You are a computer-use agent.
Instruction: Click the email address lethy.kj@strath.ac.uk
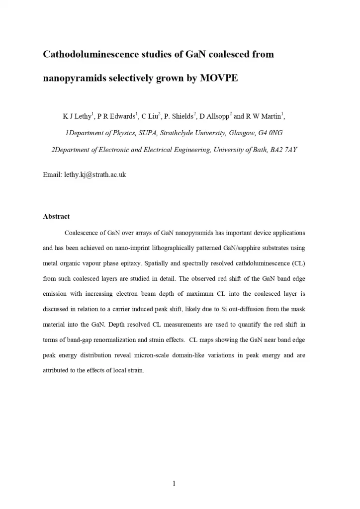[x=94, y=175]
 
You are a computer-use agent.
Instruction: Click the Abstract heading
[x=56, y=217]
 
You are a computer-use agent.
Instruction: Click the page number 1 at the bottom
[x=175, y=484]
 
